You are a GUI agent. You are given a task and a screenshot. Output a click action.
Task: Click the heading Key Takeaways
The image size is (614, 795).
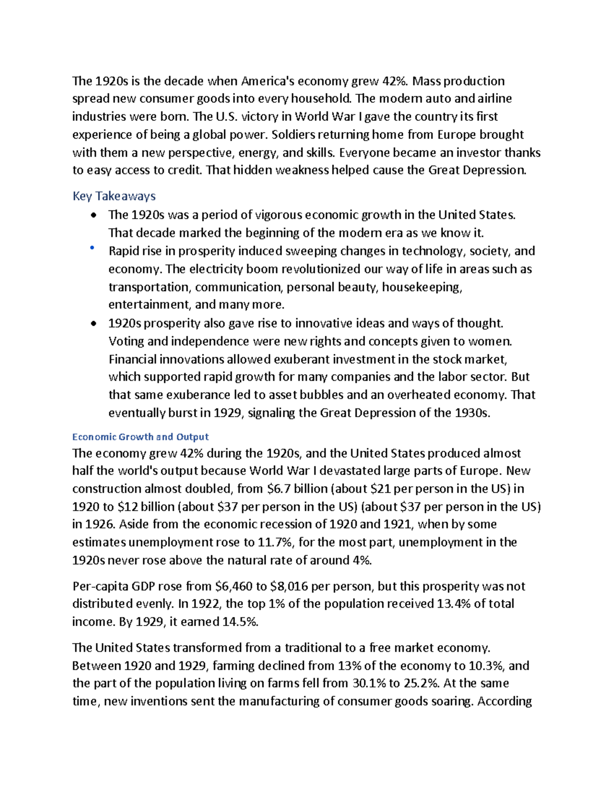point(114,196)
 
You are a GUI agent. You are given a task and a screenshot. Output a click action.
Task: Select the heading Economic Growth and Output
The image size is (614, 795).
point(140,437)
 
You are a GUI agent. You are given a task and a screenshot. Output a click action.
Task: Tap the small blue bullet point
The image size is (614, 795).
point(92,248)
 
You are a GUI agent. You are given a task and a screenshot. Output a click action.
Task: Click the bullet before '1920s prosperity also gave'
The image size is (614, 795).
point(93,324)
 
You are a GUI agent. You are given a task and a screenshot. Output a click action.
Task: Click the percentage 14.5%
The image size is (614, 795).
point(240,622)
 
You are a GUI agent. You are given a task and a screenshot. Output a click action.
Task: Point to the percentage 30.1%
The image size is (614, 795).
point(369,683)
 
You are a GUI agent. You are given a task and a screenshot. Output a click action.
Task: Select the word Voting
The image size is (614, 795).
point(125,341)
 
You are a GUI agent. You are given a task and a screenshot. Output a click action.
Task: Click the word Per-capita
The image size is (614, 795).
point(100,586)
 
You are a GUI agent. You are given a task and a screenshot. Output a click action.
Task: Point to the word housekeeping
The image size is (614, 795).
point(422,287)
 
